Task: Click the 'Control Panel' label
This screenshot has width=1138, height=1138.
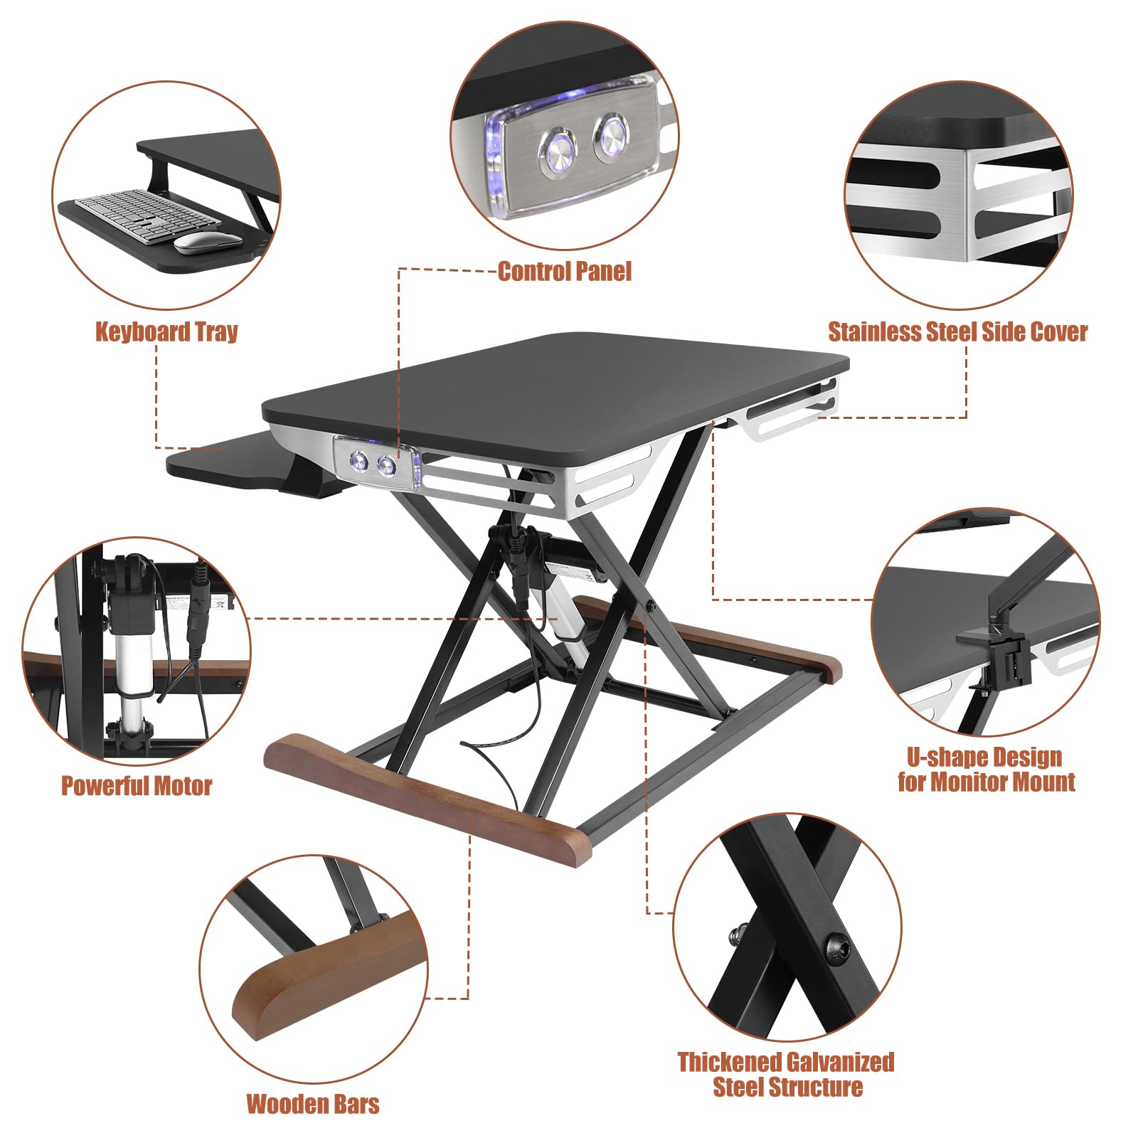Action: click(x=564, y=271)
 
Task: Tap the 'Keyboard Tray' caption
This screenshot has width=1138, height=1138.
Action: click(x=166, y=331)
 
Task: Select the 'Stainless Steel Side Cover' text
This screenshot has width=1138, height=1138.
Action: click(x=957, y=331)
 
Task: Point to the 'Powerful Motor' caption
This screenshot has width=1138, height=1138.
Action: click(x=137, y=785)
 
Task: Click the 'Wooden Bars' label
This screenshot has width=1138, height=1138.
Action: click(x=313, y=1104)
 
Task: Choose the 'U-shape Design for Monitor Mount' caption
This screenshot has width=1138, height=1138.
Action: click(x=986, y=769)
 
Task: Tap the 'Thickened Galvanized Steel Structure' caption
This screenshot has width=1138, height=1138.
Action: click(x=786, y=1074)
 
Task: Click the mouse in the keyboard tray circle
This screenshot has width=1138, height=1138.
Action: click(x=207, y=243)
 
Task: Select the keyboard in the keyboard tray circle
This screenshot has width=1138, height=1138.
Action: click(x=147, y=215)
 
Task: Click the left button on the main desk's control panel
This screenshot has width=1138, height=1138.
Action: click(x=357, y=462)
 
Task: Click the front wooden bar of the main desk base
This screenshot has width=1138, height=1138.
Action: click(x=427, y=800)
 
